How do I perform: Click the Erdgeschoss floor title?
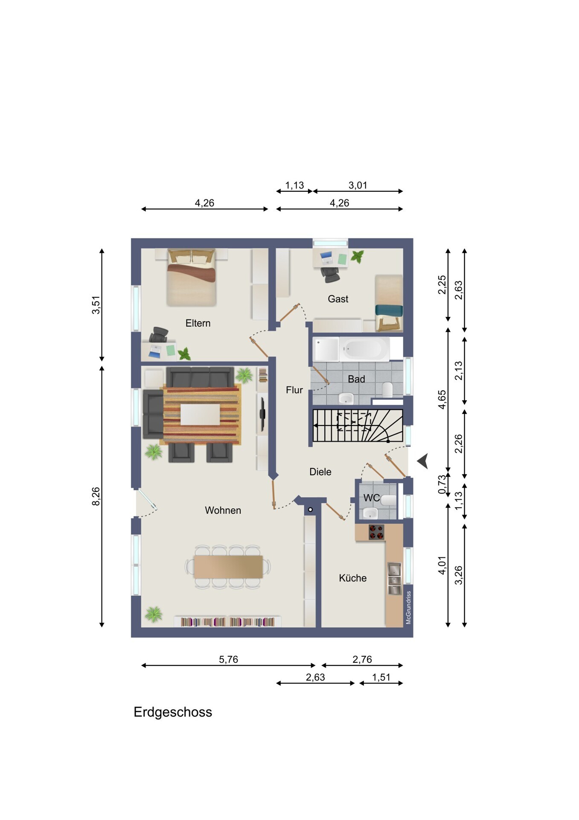pos(173,712)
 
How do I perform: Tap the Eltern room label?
pos(198,323)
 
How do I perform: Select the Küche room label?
pos(353,578)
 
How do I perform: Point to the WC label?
pos(372,498)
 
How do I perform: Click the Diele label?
pos(320,472)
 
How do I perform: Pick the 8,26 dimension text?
pos(96,496)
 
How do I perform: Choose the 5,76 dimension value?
pos(229,659)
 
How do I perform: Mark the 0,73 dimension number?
pos(442,484)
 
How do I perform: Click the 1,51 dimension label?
pos(381,677)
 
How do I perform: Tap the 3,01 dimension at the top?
pos(358,185)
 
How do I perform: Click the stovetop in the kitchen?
pos(376,532)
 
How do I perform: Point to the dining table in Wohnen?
pos(228,567)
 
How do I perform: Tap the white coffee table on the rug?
pos(200,414)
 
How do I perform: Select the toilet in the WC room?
pos(388,500)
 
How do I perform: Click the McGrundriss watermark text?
pos(408,607)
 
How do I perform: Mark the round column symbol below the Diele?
pos(310,510)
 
